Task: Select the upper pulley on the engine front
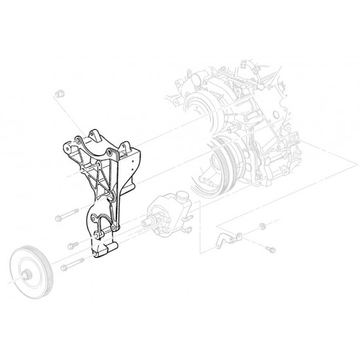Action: (x=200, y=105)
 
